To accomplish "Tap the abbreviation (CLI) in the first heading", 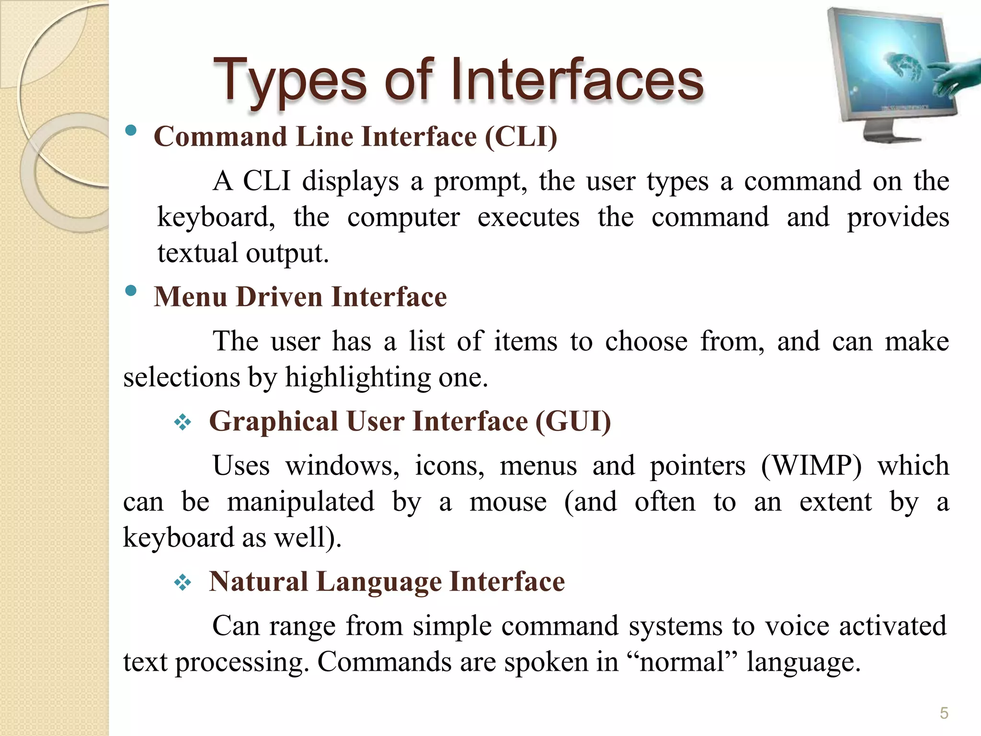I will [521, 137].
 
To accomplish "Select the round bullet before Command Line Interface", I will [131, 131].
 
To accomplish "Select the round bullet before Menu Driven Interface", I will [131, 290].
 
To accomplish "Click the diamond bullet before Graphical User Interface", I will [183, 423].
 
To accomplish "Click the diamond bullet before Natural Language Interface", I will [183, 583].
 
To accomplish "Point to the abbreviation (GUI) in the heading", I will [573, 422].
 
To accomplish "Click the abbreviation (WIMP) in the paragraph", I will [811, 466].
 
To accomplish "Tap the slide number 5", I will [944, 713].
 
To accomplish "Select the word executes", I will [528, 218].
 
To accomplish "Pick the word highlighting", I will [358, 378].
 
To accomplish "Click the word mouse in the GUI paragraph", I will [508, 502].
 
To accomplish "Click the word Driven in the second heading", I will [279, 297].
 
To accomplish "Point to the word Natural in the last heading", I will [258, 582].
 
